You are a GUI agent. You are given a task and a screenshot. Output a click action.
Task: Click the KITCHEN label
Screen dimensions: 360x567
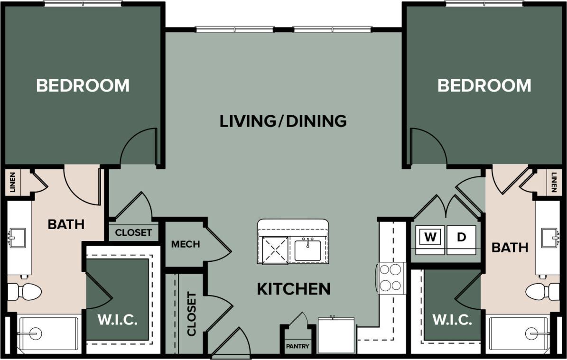pos(294,288)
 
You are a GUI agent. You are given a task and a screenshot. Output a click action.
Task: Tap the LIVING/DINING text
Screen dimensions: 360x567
pos(283,121)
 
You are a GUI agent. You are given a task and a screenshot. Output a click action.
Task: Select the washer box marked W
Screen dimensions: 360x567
pos(430,237)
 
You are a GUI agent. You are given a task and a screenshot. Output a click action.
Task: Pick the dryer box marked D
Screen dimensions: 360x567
pos(461,237)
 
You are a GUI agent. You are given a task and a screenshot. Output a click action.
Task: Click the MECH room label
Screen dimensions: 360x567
pos(186,244)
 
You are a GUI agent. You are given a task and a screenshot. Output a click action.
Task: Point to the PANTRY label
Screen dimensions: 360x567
pos(297,346)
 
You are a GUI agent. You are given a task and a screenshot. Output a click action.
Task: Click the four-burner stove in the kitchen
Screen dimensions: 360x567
pos(391,278)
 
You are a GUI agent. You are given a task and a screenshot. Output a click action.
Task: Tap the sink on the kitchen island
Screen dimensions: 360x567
pos(307,250)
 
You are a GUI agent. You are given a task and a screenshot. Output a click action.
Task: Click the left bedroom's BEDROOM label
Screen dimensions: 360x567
pos(83,85)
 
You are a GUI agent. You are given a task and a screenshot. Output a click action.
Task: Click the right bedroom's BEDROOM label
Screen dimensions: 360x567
pos(484,85)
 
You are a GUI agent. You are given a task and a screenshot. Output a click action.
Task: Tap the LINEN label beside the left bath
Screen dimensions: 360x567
pos(12,182)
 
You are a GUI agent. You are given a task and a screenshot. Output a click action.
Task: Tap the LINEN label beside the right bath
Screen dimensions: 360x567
pos(554,182)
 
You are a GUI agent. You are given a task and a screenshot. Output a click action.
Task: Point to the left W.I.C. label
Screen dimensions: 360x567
pos(118,320)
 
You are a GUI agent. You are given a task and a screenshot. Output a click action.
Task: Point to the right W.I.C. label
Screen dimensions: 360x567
pos(452,320)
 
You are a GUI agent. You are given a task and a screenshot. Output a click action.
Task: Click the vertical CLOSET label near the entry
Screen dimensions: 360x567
pos(191,314)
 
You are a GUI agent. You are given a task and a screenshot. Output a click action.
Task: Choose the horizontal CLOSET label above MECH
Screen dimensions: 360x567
pos(133,232)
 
